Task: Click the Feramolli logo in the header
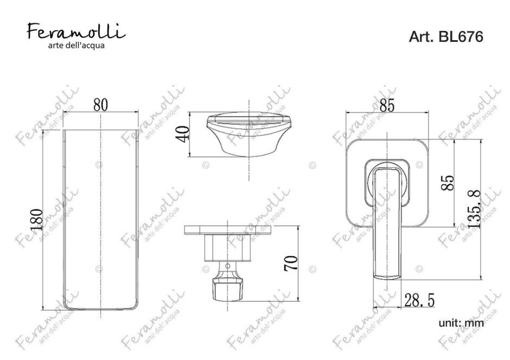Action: click(76, 32)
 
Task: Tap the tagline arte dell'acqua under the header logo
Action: click(76, 46)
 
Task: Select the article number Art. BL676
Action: click(446, 36)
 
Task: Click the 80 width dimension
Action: click(100, 105)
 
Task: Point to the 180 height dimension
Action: click(37, 220)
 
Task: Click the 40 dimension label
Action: click(183, 134)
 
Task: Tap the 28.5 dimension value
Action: click(419, 300)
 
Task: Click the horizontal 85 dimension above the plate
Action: click(387, 105)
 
